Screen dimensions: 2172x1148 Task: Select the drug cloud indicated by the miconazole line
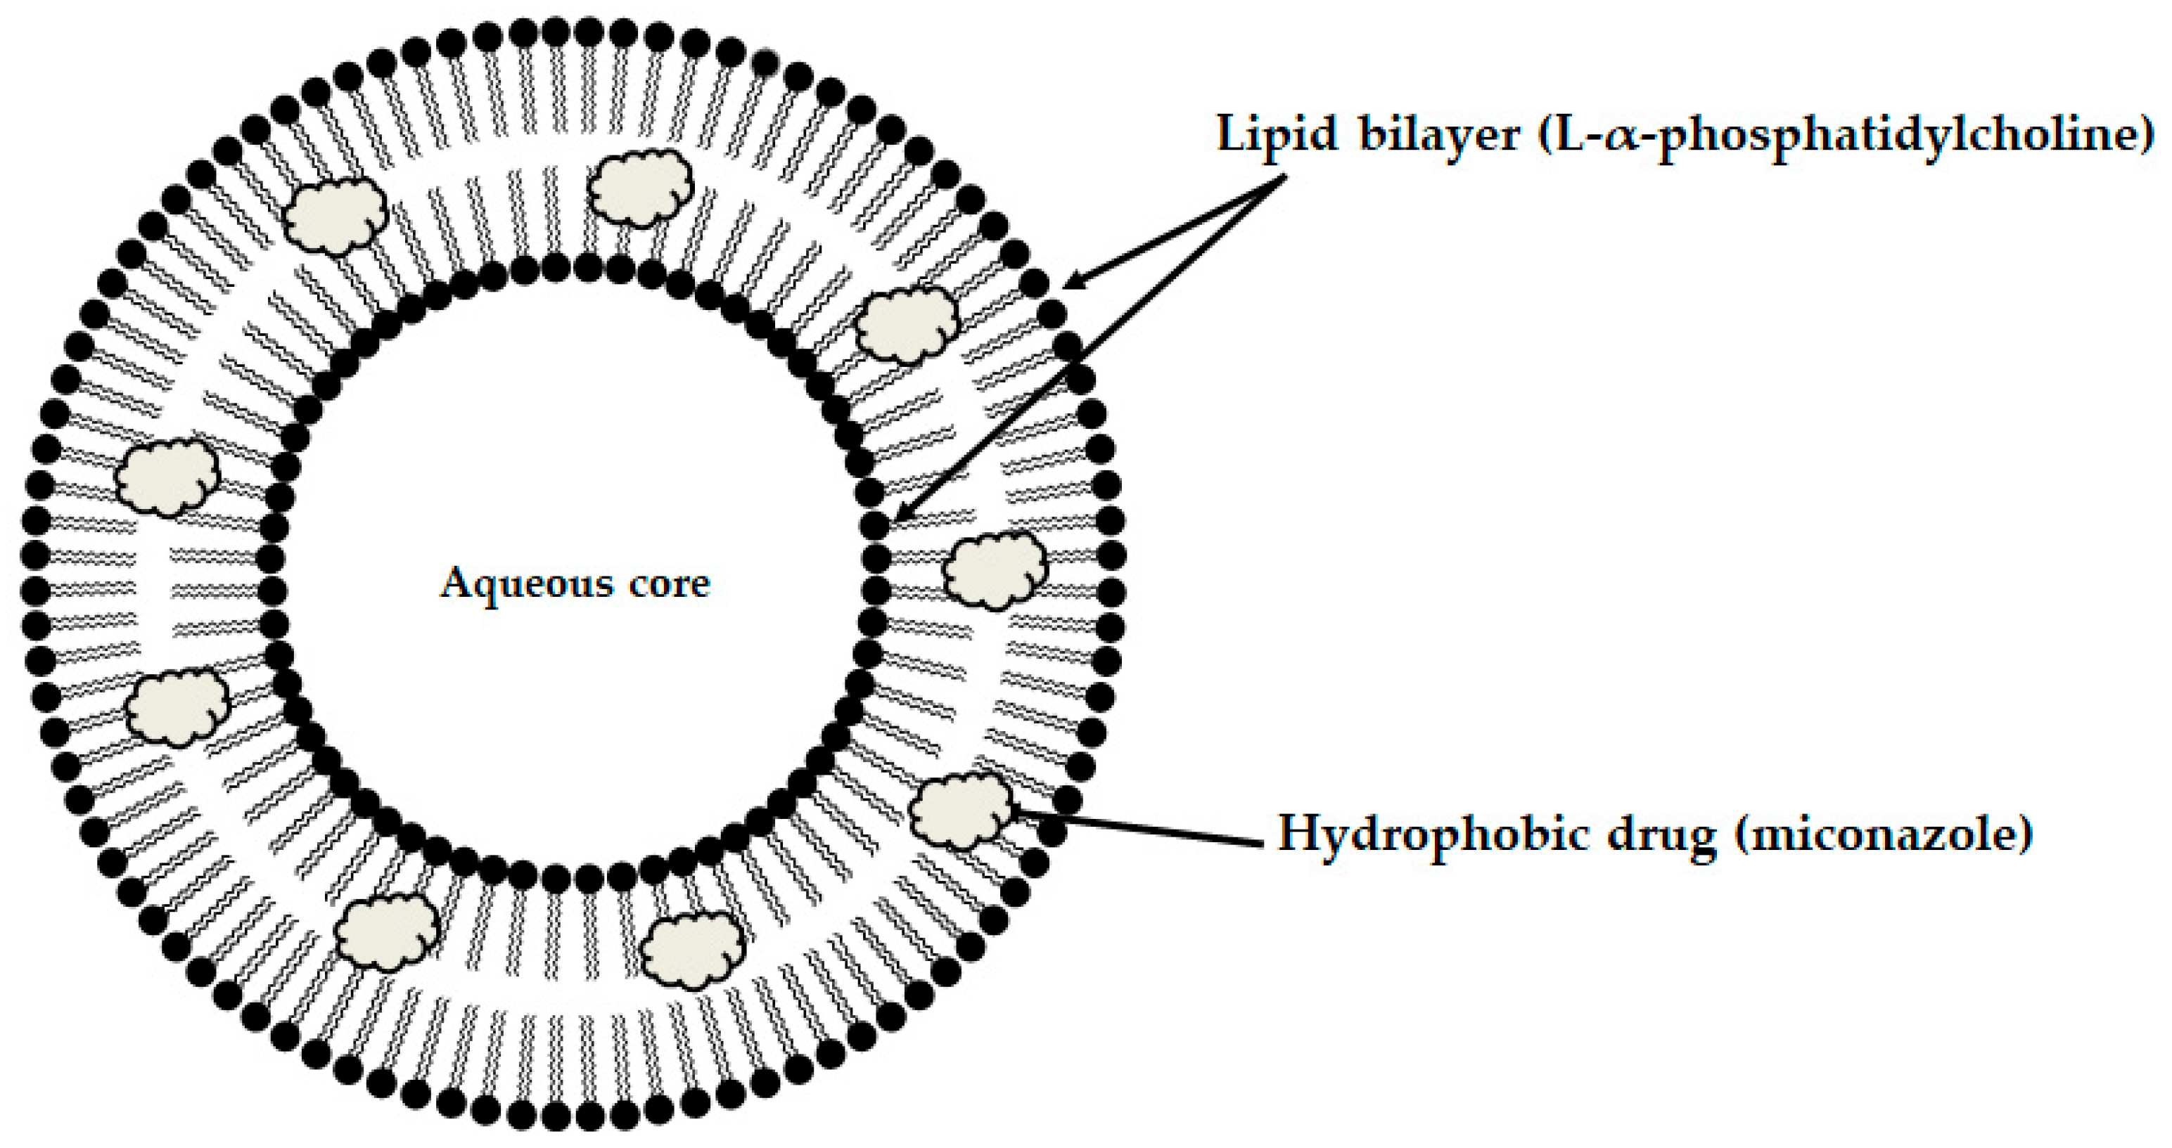tap(962, 810)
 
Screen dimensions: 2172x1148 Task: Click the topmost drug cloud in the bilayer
tap(640, 188)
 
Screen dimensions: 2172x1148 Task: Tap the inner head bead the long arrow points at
tap(874, 526)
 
